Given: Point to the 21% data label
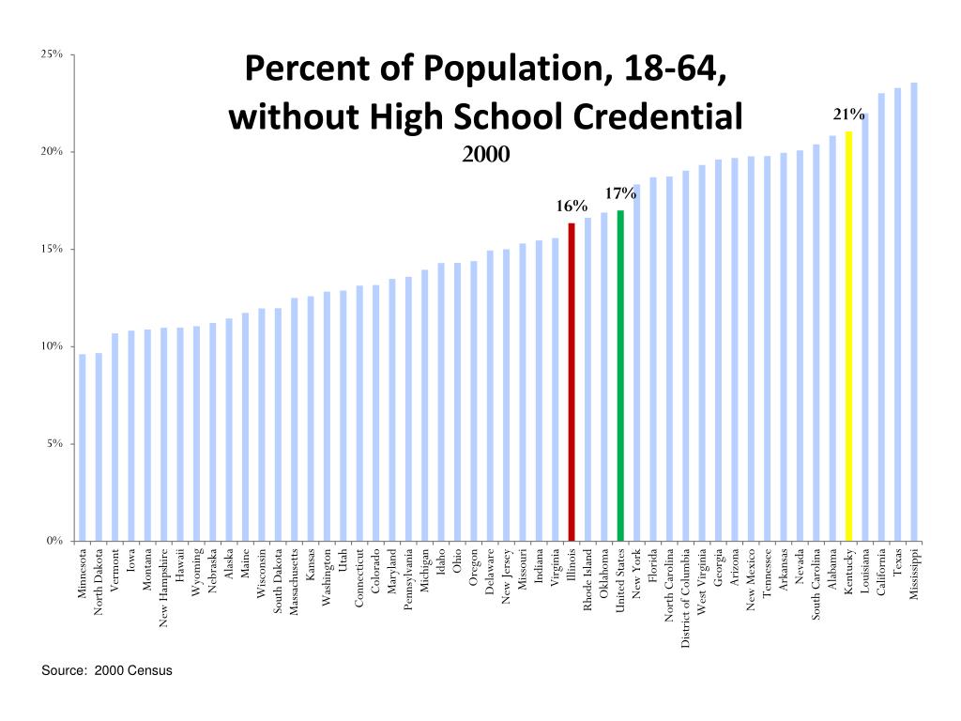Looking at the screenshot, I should (x=848, y=115).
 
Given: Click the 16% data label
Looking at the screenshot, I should (x=572, y=206).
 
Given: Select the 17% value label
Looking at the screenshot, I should (x=620, y=193).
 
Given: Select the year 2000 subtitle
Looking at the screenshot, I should (x=485, y=153).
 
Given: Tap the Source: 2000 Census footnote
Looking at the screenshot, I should (x=107, y=670).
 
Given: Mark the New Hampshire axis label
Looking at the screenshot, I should (x=164, y=588).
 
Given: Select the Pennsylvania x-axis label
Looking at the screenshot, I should (x=408, y=579).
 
